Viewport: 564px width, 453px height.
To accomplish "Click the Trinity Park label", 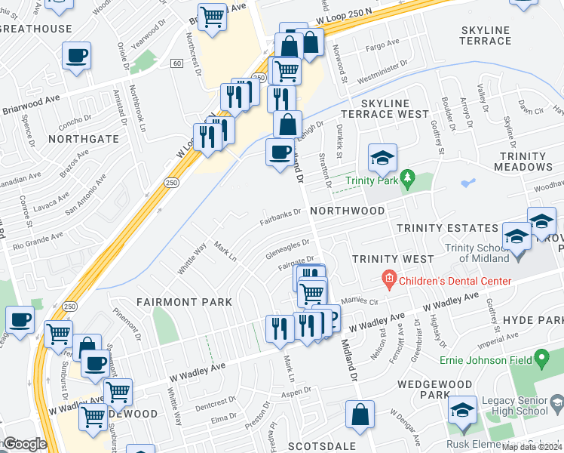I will tap(371, 180).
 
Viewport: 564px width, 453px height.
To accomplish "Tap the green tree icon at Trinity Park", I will tap(408, 180).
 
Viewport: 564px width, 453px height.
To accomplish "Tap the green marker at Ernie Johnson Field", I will tap(541, 356).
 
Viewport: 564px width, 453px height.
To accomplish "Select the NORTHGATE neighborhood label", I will tap(84, 139).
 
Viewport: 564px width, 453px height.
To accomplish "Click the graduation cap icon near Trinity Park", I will tap(382, 158).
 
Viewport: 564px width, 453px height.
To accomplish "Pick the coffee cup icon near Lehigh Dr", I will tap(280, 153).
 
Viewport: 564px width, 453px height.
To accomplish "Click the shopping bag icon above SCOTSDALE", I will tap(360, 414).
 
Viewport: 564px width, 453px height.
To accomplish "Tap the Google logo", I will tap(24, 444).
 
